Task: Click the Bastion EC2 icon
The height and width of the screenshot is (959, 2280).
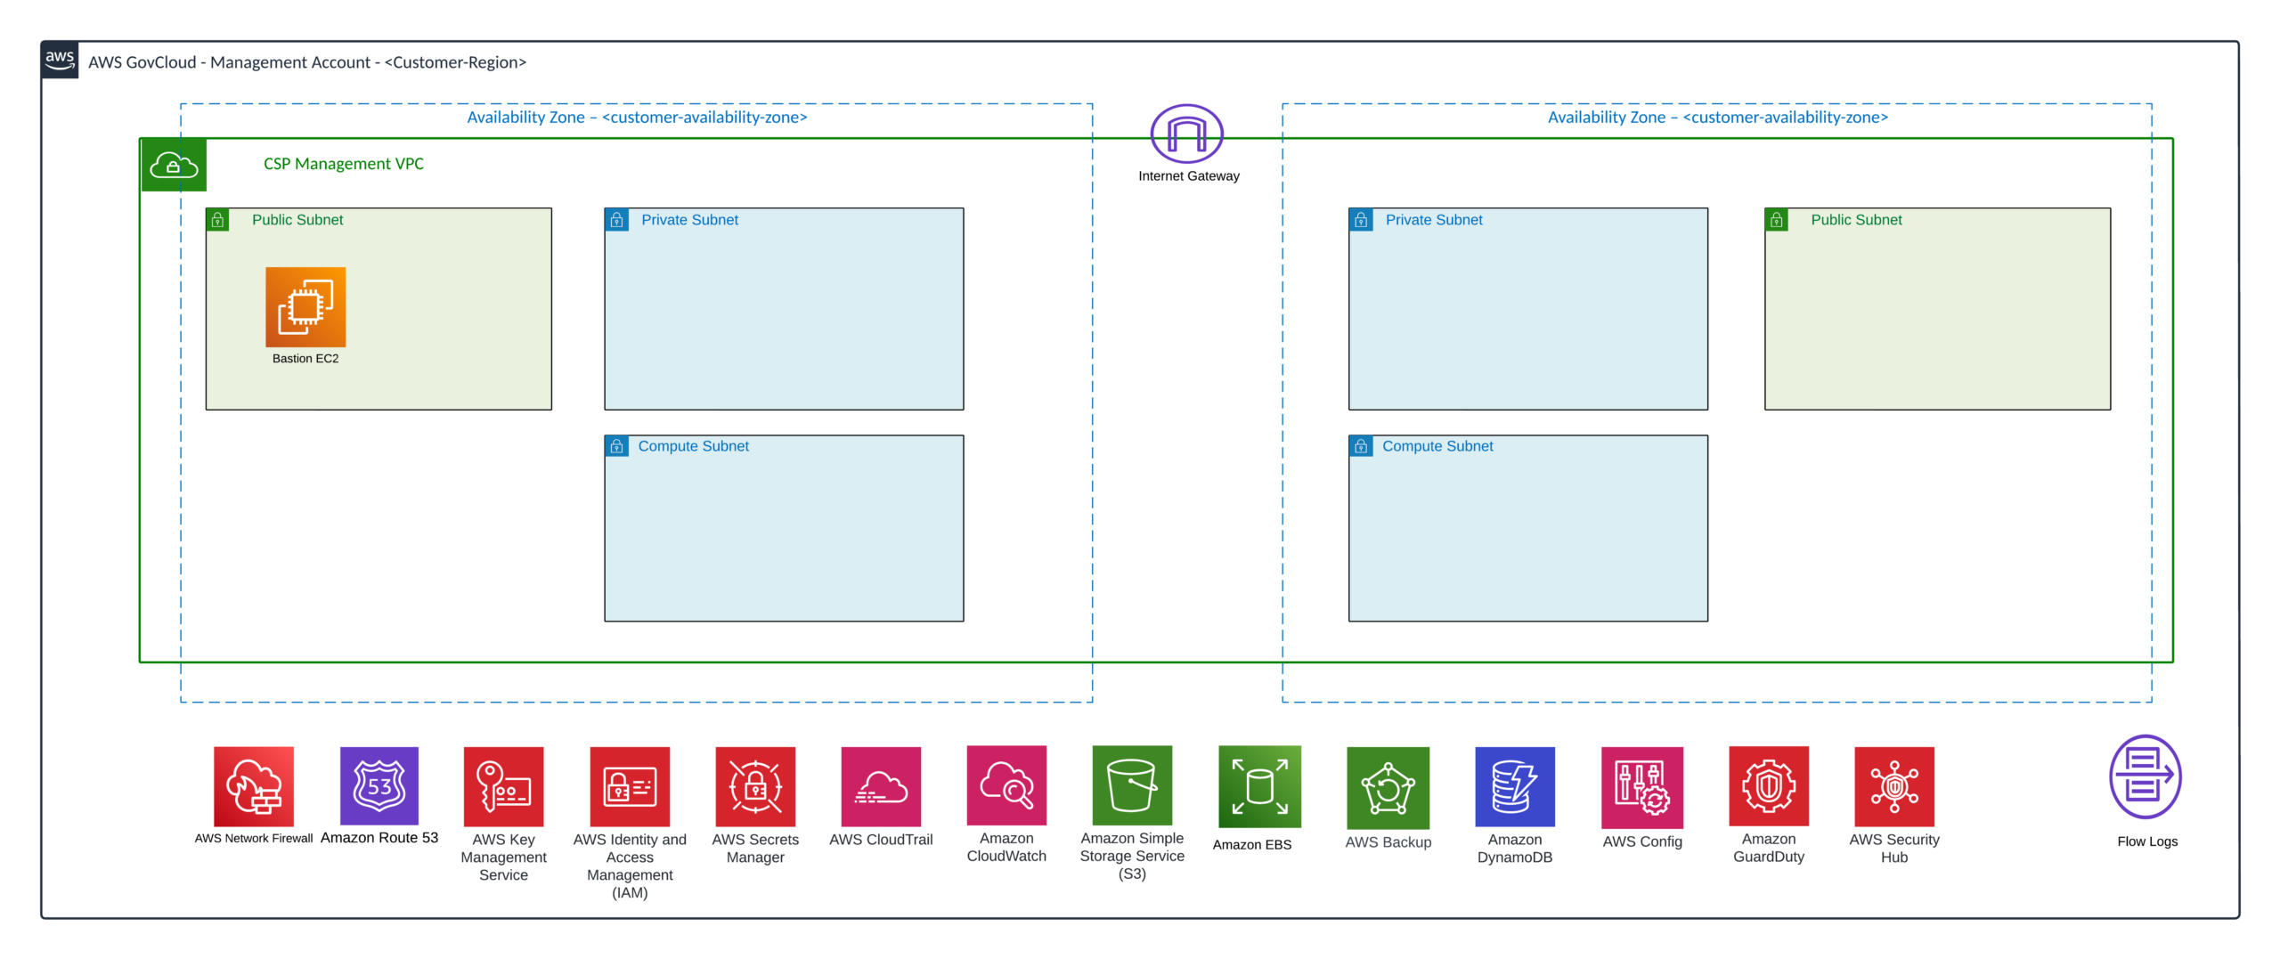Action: pos(305,307)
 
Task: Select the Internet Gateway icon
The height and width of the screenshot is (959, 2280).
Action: pos(1186,134)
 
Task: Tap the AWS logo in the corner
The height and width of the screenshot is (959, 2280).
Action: pos(60,60)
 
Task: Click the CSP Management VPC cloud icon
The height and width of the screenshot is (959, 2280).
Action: pos(174,165)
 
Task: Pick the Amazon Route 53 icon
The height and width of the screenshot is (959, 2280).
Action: pos(379,786)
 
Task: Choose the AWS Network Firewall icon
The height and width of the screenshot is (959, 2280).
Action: pos(254,786)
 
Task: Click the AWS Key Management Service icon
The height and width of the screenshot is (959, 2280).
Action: pos(503,787)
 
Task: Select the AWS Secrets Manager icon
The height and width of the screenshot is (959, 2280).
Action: pos(755,787)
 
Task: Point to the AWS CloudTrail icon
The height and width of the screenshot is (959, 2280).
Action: pos(881,787)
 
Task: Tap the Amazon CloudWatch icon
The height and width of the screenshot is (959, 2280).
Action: pos(1006,785)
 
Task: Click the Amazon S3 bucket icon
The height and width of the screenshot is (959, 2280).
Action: pos(1132,785)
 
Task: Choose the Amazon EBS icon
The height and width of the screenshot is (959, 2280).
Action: pos(1259,787)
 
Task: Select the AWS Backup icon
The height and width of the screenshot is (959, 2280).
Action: pos(1388,788)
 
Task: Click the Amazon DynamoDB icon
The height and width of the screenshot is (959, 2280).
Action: pos(1515,787)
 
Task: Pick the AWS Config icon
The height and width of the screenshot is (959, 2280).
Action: pos(1642,788)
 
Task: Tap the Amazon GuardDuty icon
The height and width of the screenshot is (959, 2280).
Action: pos(1769,786)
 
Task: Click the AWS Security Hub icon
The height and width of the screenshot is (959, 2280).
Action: pos(1894,787)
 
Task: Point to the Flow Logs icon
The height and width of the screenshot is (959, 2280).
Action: pos(2146,777)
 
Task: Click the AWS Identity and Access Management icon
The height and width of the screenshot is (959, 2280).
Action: pos(630,787)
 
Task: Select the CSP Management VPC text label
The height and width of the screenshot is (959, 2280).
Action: pos(344,164)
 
